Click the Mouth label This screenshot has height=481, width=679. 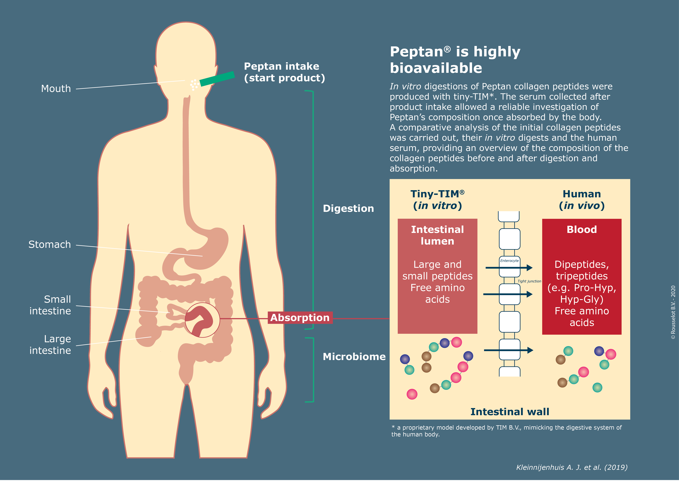tap(56, 89)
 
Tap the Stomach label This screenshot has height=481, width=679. tap(50, 245)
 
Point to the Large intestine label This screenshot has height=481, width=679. tap(50, 345)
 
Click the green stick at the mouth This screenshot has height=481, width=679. tap(217, 79)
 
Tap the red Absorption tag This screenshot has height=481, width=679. tap(300, 318)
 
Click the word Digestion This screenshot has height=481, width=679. tap(348, 209)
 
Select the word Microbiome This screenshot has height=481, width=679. tap(354, 357)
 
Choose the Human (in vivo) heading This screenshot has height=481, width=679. tap(582, 200)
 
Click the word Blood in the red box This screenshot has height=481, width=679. tap(582, 229)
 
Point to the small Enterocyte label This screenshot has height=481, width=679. tap(509, 261)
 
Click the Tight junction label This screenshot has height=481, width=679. tap(529, 281)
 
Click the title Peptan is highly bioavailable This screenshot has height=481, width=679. tap(455, 60)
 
